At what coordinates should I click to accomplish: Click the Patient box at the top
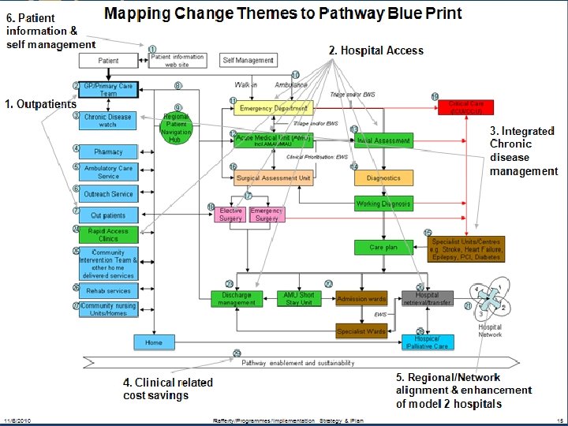click(109, 61)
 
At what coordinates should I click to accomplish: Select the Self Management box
click(248, 60)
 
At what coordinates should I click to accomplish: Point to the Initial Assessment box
click(383, 141)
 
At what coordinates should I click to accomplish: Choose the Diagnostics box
click(383, 178)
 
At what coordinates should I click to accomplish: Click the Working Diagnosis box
click(383, 204)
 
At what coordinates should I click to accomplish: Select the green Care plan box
click(383, 247)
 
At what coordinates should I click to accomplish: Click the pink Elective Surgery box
click(231, 215)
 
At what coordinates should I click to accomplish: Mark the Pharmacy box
click(108, 151)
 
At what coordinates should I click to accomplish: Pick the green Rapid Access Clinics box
click(108, 234)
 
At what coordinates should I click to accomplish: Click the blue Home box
click(153, 342)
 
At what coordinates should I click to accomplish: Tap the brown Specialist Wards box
click(361, 331)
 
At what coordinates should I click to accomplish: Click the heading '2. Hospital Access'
click(376, 50)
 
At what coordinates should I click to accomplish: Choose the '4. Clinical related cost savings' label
click(167, 388)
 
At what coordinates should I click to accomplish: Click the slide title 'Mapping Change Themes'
click(283, 13)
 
